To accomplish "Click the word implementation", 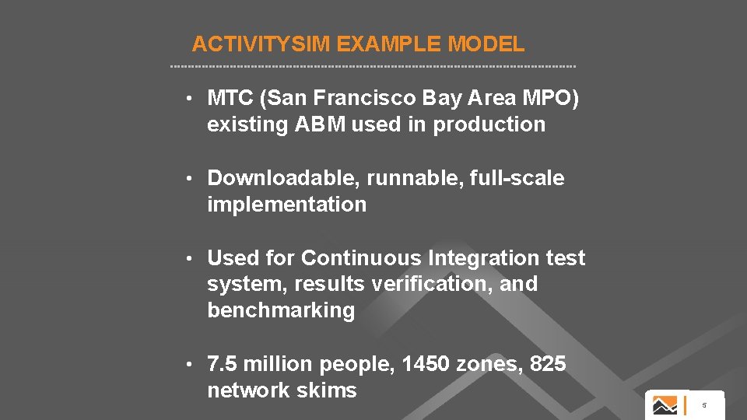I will coord(286,205).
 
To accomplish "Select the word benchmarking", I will coord(281,310).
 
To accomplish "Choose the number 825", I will coord(548,364).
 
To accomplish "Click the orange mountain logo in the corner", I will coord(665,405).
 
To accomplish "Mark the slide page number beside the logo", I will coord(703,405).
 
